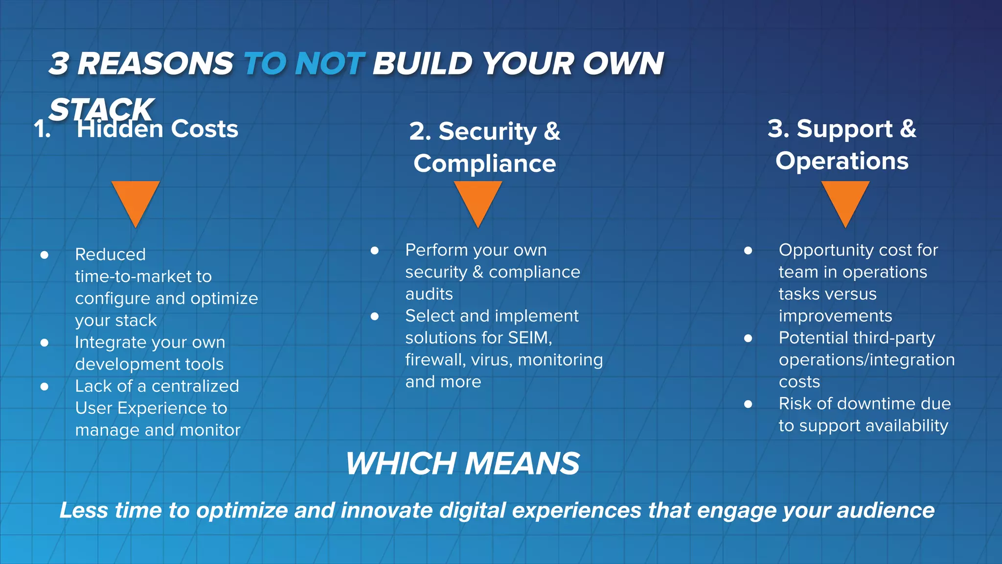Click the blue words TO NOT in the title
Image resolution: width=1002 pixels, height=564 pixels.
(303, 64)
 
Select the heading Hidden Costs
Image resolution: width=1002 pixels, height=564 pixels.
(157, 129)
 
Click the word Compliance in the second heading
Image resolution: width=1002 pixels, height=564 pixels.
(484, 164)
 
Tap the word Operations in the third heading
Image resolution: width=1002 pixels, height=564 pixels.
(842, 161)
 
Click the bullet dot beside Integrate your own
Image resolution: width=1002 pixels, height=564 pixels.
(45, 343)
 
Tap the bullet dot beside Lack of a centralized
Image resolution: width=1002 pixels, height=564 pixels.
(45, 387)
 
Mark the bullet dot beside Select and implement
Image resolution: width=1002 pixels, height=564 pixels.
(375, 316)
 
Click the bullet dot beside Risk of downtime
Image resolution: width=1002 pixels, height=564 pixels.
(748, 404)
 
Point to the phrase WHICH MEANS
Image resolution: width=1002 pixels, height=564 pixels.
(462, 463)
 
